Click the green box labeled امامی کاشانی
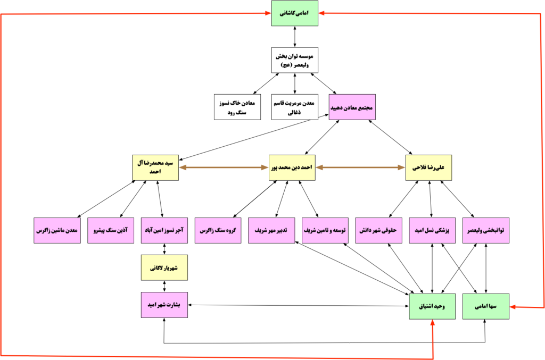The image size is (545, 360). [294, 13]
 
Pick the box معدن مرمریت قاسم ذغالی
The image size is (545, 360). [294, 106]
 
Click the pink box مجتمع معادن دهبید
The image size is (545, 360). [352, 106]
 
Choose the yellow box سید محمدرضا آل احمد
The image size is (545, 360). [155, 167]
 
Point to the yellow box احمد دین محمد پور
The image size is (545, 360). [292, 167]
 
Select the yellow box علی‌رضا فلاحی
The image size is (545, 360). [428, 167]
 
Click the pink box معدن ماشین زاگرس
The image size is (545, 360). [57, 230]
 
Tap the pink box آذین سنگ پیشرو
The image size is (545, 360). [111, 230]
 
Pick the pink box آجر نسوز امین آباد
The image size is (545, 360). [164, 230]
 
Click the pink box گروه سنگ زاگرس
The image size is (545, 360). [218, 230]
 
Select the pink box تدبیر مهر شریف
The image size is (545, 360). [271, 230]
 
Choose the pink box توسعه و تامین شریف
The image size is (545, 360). [325, 230]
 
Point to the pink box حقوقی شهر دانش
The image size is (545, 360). [378, 230]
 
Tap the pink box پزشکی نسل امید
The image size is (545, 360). [432, 230]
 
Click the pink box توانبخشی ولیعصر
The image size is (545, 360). [485, 230]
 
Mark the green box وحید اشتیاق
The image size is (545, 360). [432, 306]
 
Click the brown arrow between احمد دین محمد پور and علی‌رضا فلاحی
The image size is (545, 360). [360, 167]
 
